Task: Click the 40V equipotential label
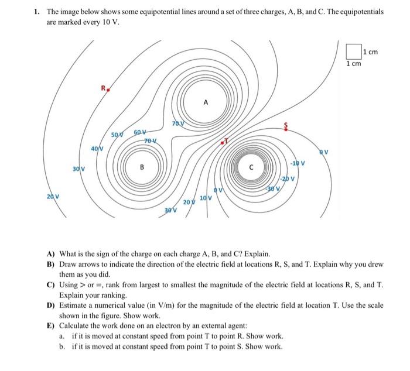click(97, 149)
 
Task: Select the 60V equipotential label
click(140, 133)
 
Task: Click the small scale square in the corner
click(353, 51)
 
